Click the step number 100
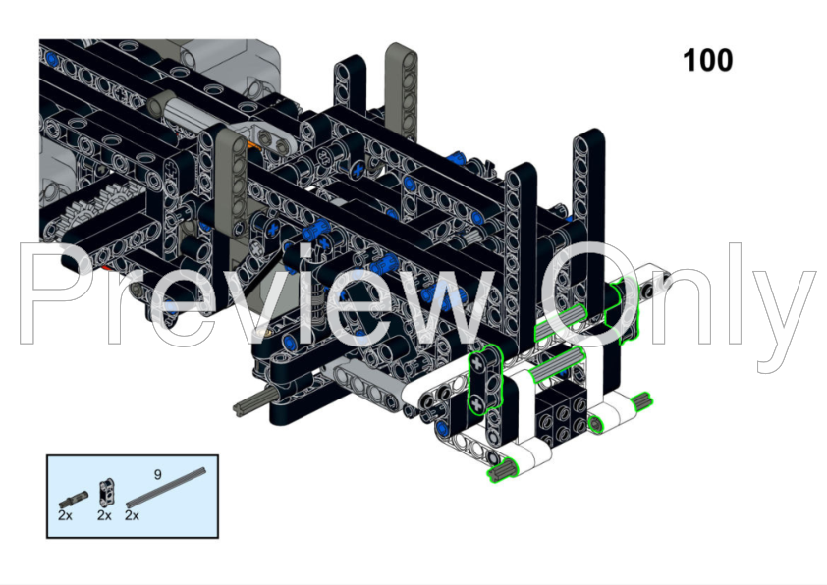point(708,60)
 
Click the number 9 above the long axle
point(158,475)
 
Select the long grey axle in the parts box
point(166,488)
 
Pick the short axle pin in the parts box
point(74,499)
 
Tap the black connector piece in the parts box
point(106,493)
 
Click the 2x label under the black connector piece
point(104,515)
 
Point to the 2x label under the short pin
point(65,515)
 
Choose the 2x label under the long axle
point(132,515)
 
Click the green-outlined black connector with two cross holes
point(484,380)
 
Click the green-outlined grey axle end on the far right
point(642,401)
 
